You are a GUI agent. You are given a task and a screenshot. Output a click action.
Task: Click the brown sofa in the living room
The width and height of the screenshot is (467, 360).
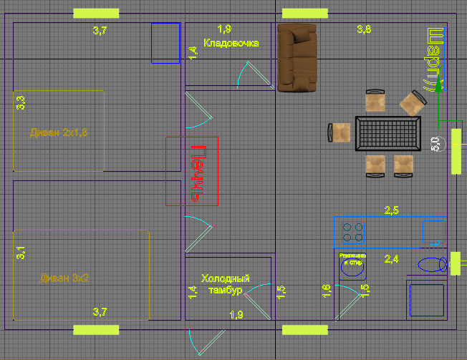[x=297, y=57]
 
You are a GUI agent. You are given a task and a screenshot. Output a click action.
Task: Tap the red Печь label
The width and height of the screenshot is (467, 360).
[x=199, y=171]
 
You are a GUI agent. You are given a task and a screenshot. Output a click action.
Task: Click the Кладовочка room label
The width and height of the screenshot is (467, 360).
[x=231, y=43]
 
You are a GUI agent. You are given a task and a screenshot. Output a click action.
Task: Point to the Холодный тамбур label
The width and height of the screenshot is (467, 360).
[x=225, y=284]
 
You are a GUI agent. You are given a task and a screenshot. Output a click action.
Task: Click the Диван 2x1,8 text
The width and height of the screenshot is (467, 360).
[x=59, y=132]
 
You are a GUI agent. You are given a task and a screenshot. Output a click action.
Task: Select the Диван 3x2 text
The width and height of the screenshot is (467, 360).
[x=64, y=278]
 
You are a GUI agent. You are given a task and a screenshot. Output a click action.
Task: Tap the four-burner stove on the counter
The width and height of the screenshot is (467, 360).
[x=352, y=232]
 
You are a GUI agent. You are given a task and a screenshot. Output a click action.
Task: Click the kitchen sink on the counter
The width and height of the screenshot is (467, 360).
[x=433, y=232]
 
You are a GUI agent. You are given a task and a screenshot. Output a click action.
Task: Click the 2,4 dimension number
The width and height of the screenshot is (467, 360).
[x=392, y=258]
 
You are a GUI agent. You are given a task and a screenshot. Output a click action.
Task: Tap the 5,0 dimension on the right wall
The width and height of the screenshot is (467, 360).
[x=435, y=143]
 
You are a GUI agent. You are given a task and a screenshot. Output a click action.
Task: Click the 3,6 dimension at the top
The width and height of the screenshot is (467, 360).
[x=364, y=29]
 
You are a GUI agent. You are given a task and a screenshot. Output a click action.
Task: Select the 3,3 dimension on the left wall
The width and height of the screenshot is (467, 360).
[x=21, y=102]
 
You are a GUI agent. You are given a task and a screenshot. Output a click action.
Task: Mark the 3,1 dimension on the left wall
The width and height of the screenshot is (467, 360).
[x=21, y=253]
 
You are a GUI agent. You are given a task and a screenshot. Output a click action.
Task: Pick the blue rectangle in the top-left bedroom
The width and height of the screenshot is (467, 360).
[x=165, y=43]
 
